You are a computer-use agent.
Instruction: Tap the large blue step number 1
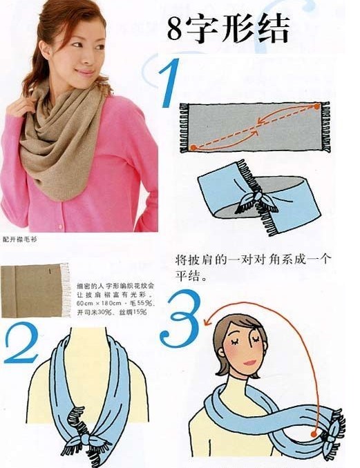pos(169,83)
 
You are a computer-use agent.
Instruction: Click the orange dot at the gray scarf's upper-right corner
pos(317,107)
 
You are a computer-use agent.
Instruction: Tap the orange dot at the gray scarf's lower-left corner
pos(193,147)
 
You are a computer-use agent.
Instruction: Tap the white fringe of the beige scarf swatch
pos(66,289)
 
